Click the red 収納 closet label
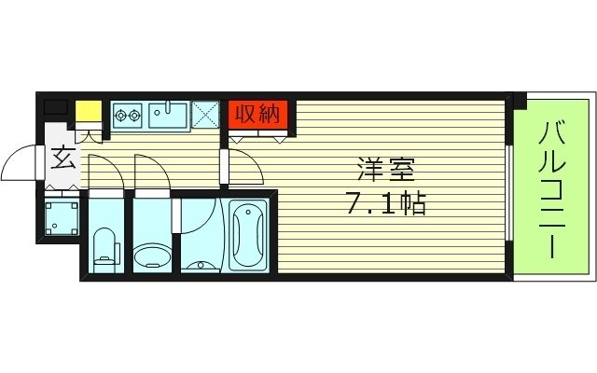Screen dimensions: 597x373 tap(258, 115)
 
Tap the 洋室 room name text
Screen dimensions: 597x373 tap(385, 170)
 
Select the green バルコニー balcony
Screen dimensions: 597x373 tap(551, 186)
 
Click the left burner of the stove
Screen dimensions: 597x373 tap(121, 115)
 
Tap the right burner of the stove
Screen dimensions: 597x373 tap(134, 115)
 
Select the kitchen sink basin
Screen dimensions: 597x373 tap(168, 115)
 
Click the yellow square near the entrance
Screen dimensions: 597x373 tap(89, 111)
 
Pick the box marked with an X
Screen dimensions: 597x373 tap(205, 115)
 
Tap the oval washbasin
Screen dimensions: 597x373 tap(152, 256)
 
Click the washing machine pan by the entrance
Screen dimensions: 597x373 tap(62, 218)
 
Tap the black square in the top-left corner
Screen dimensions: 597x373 tap(56, 107)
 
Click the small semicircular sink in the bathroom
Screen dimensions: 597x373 tap(201, 265)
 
